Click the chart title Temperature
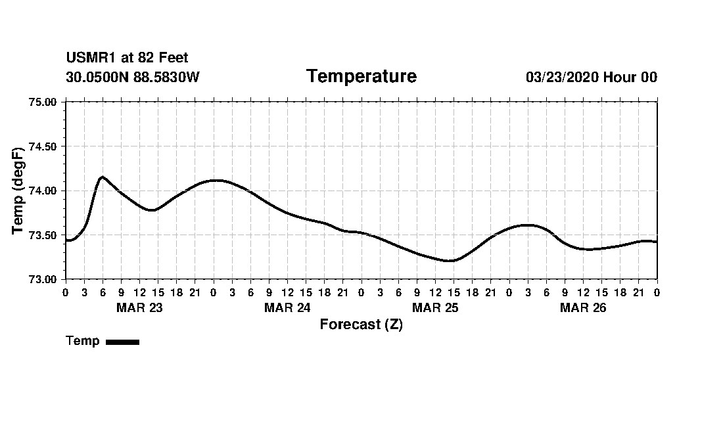point(361,77)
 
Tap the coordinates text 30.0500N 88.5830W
point(132,78)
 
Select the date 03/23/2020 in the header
point(562,78)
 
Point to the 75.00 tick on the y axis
point(44,102)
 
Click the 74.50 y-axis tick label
point(44,146)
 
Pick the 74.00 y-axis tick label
point(44,191)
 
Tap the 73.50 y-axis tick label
point(44,235)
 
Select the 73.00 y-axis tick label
point(44,279)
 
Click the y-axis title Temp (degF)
point(18,191)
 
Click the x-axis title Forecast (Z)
point(361,325)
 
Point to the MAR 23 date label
point(139,307)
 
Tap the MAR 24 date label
point(287,307)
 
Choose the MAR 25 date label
point(435,307)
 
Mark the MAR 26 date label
point(583,307)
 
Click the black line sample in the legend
point(122,342)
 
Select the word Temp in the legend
point(83,341)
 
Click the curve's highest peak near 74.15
point(103,177)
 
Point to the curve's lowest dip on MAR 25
point(450,261)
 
